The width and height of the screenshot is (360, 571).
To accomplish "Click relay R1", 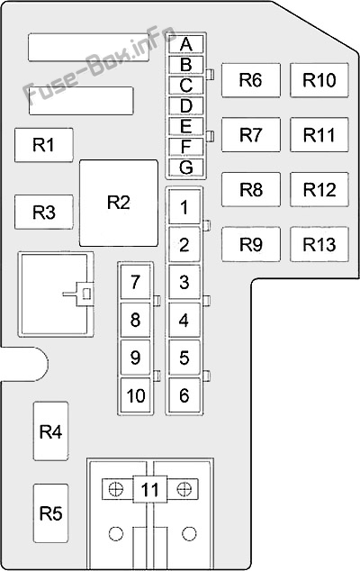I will pos(43,144).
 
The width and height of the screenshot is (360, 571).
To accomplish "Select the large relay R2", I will pos(119,202).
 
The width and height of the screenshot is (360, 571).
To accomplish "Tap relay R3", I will pos(43,213).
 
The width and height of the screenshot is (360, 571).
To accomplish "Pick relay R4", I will pos(50,432).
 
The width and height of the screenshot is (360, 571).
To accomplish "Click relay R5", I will pos(50,513).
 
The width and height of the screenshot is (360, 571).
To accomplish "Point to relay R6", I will pos(250,80).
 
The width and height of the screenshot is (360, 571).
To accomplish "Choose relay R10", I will pos(319,80).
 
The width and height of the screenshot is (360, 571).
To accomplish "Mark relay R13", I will pos(319,244).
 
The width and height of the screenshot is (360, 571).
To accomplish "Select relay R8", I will pos(250,190).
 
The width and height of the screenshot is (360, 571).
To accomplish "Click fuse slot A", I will pos(185,44).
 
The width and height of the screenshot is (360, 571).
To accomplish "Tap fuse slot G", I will pos(185,167).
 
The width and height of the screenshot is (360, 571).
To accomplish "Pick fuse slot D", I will pos(185,105).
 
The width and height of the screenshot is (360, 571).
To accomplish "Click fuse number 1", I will pos(184,207).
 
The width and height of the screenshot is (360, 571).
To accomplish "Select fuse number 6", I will pos(184,394).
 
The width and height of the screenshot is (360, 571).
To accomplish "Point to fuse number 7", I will pos(135,282).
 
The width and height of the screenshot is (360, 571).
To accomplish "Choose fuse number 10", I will pos(135,394).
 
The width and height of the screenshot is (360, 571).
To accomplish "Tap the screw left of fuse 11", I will pos(115,489).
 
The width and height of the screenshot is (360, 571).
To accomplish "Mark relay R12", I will pos(319,190).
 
